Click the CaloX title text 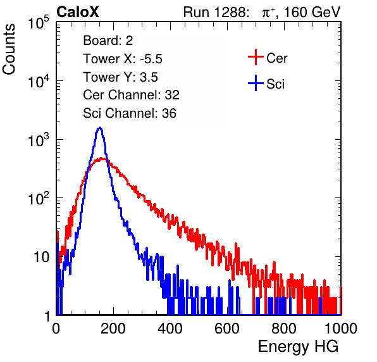[x=78, y=12]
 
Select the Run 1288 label [x=215, y=12]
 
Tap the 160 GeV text [x=312, y=12]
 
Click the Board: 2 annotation [x=108, y=41]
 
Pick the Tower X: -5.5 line [x=123, y=59]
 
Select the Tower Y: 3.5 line [x=120, y=77]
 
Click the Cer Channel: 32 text [x=132, y=95]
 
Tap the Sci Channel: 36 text [x=130, y=113]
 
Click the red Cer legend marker [x=256, y=57]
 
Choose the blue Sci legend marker [x=256, y=84]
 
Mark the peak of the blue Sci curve [x=100, y=127]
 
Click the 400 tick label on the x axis [x=170, y=328]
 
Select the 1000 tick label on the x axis [x=341, y=328]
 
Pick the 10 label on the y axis [x=42, y=257]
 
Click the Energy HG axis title [x=298, y=347]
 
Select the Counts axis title [x=9, y=49]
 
